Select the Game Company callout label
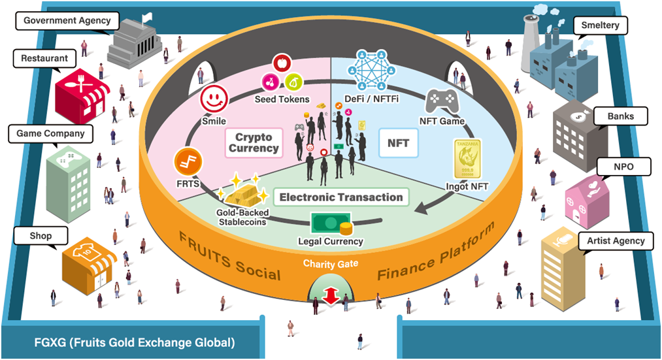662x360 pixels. pyautogui.click(x=50, y=133)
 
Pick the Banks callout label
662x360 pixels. pyautogui.click(x=616, y=117)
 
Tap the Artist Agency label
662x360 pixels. pyautogui.click(x=616, y=240)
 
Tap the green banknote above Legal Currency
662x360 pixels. pyautogui.click(x=329, y=223)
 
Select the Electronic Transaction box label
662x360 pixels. pyautogui.click(x=340, y=197)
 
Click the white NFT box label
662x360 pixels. pyautogui.click(x=398, y=143)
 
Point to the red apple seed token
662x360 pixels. pyautogui.click(x=282, y=63)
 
